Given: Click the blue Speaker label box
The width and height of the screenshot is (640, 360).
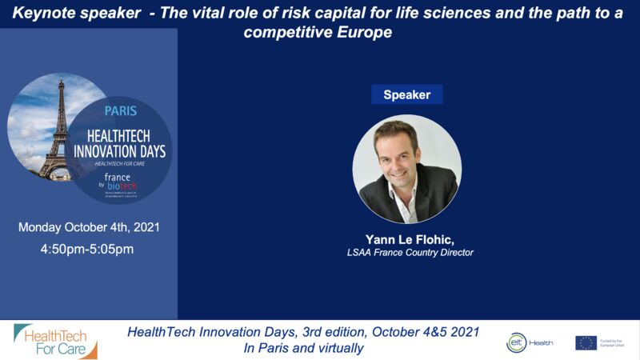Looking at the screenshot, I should pos(406,94).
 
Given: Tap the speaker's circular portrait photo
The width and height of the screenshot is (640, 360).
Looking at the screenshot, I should pos(406,169).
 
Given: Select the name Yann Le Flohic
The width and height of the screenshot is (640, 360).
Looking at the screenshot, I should pos(406,238).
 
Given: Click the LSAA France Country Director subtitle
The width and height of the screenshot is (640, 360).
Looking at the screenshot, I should pos(406,253).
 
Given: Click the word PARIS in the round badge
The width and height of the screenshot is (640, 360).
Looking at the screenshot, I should pos(121,111).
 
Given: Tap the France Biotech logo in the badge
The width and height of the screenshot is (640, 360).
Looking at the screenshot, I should pos(120,183).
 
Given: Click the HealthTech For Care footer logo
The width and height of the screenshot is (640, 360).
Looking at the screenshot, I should pos(55,342).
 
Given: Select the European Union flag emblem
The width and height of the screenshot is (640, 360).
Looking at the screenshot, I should pos(586,342).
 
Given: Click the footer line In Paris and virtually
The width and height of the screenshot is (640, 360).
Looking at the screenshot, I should pos(303,349).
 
